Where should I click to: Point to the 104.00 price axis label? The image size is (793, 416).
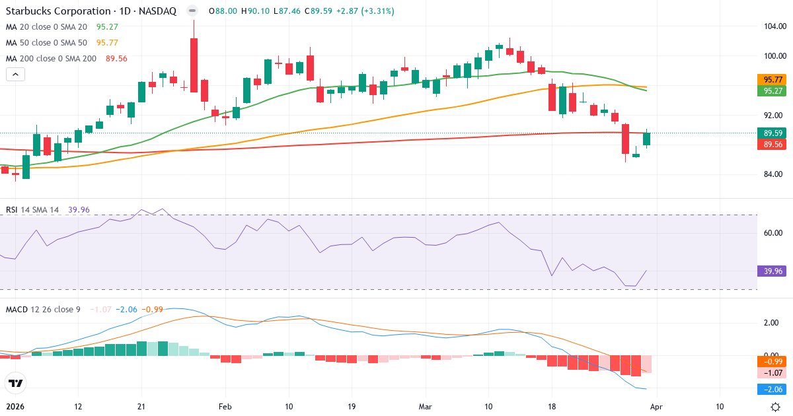(x=773, y=26)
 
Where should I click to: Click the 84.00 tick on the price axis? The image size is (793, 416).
(x=773, y=174)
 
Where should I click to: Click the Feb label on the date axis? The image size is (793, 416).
(x=225, y=406)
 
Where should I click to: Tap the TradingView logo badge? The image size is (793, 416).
(x=15, y=383)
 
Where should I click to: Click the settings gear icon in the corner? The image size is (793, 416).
(x=777, y=406)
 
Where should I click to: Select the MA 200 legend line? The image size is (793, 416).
(x=51, y=58)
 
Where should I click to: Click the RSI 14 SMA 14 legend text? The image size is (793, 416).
(x=32, y=210)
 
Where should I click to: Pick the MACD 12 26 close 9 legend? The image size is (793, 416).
(x=43, y=309)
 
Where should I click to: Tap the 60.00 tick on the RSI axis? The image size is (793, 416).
(x=773, y=232)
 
